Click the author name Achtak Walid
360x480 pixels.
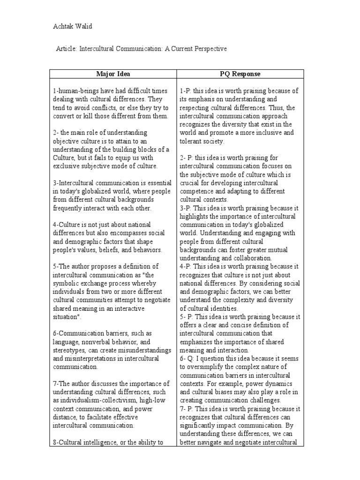72,26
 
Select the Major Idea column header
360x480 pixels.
113,74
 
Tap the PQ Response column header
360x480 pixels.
240,74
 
